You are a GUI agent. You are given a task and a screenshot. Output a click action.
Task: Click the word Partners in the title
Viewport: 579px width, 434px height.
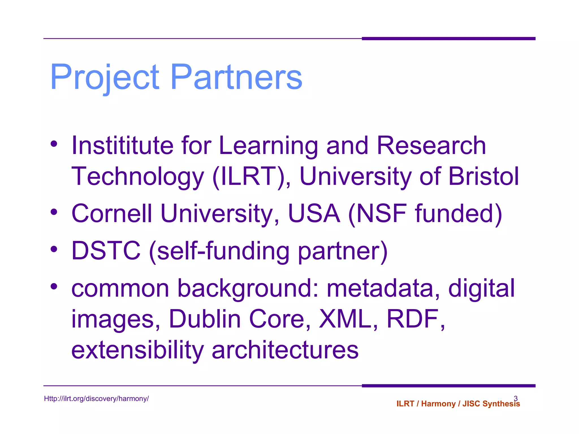(236, 77)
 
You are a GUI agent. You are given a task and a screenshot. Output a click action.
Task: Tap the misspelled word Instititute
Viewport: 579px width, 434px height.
(122, 146)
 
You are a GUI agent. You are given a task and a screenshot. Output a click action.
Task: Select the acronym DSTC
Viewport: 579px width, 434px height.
(106, 251)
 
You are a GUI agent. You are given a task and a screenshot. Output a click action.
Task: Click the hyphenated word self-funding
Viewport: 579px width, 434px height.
(223, 251)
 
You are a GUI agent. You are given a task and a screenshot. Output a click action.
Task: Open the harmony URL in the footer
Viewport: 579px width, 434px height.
(96, 399)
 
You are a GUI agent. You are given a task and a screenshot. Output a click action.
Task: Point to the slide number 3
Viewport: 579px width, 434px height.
(516, 398)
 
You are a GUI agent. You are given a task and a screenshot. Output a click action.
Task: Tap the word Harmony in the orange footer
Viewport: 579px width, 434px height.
(438, 404)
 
